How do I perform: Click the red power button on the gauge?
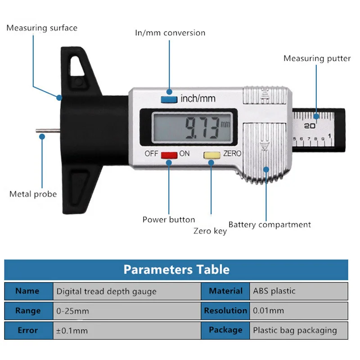[169, 155]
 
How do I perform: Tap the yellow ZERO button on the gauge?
[211, 155]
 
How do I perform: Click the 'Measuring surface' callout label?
[42, 28]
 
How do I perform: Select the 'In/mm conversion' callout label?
[170, 33]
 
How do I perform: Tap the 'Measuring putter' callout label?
[317, 58]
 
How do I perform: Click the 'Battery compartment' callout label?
[270, 225]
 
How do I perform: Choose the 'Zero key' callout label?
[210, 231]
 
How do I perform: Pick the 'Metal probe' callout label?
[33, 194]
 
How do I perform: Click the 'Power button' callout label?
[169, 220]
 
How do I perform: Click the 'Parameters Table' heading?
[176, 270]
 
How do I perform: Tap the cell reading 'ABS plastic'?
[274, 291]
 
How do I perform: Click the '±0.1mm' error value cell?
[72, 331]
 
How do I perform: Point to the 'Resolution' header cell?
[225, 310]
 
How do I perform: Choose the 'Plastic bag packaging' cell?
[295, 330]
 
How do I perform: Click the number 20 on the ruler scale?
[310, 126]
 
